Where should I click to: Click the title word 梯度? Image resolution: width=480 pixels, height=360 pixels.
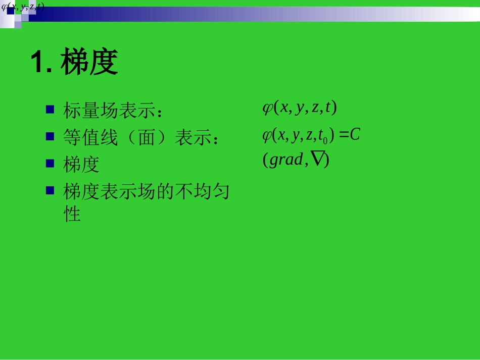(x=89, y=63)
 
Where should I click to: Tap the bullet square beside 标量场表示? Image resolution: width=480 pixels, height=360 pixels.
(x=50, y=109)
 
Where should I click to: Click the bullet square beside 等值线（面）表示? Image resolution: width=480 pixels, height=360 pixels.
(x=50, y=136)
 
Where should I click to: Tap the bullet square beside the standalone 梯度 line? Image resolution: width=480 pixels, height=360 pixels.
(x=50, y=163)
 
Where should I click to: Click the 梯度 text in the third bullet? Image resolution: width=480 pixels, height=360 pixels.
(x=81, y=165)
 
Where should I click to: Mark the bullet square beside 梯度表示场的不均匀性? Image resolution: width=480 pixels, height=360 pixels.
(x=50, y=190)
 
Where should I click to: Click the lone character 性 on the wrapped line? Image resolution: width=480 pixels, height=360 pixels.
(x=72, y=214)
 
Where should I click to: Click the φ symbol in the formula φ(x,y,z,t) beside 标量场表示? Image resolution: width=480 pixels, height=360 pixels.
(x=267, y=108)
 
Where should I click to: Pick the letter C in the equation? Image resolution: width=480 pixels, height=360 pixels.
(x=355, y=135)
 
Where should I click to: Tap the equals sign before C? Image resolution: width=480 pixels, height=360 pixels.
(x=344, y=135)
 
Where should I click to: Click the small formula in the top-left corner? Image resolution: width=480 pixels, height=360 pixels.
(x=23, y=7)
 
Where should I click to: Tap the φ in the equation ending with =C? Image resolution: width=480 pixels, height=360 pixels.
(x=267, y=135)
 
